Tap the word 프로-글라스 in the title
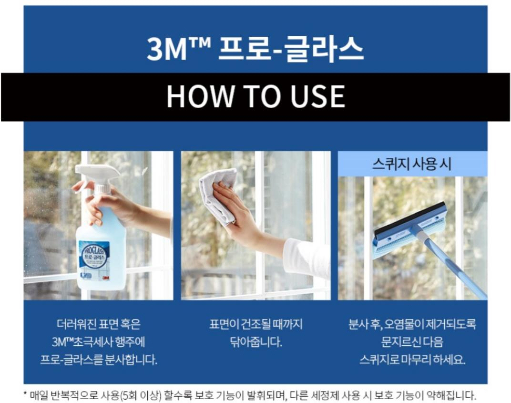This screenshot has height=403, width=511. (x=290, y=49)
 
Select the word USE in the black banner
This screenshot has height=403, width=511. (x=317, y=96)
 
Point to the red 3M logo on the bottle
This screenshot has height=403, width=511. (x=105, y=278)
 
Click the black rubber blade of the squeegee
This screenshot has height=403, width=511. (x=410, y=220)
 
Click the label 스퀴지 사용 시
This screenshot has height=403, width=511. (x=412, y=164)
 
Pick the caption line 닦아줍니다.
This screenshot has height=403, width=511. (x=256, y=342)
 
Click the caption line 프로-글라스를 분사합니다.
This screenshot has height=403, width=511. (x=99, y=360)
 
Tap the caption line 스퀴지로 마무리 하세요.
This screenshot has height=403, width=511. (x=412, y=360)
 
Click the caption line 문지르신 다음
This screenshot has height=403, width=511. (x=412, y=342)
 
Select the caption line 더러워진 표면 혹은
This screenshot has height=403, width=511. (x=99, y=324)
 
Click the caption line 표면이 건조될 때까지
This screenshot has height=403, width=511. (x=256, y=324)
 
